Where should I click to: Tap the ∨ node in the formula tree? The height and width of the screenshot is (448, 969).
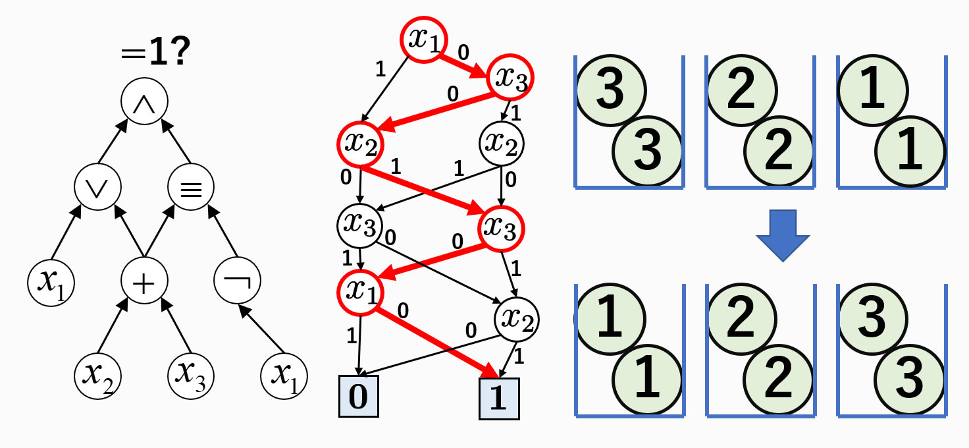point(97,187)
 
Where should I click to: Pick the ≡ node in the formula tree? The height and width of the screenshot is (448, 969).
point(191,187)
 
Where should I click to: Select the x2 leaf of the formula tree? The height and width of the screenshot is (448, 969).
point(97,376)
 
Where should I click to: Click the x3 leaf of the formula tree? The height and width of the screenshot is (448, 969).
point(191,376)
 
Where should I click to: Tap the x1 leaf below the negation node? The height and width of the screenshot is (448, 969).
point(284,376)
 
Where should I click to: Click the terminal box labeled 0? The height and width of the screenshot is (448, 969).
point(359,397)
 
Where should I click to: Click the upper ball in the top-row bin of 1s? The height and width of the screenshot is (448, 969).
point(873,90)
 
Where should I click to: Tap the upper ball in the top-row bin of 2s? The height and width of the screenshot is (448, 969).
point(742,90)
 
